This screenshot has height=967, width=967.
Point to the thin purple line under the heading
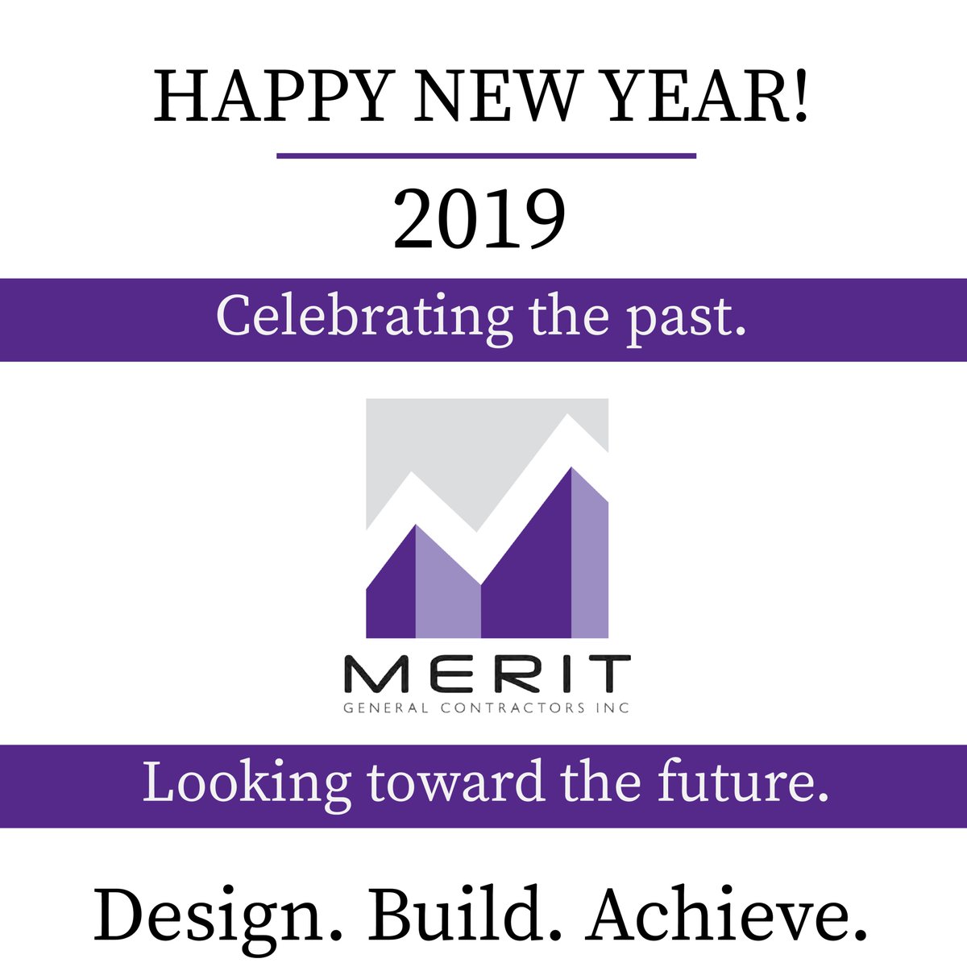(x=486, y=156)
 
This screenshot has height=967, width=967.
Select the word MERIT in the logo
(x=487, y=675)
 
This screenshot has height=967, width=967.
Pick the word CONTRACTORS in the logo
(x=505, y=708)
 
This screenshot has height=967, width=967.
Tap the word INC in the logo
(x=615, y=708)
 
